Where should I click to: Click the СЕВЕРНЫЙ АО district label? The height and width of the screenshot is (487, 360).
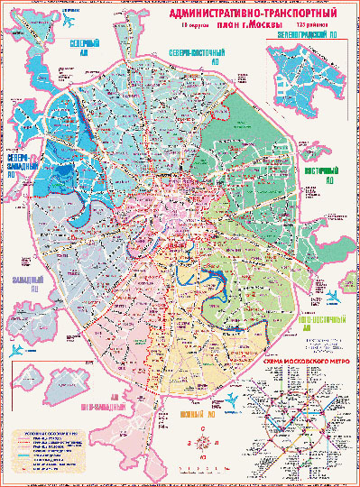point(86,47)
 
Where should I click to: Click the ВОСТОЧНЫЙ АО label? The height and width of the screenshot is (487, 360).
point(329,170)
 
